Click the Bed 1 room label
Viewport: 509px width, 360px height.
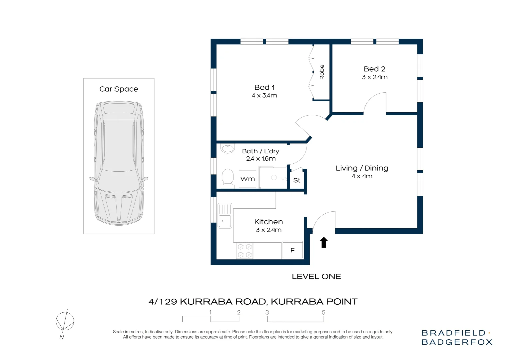click(x=264, y=87)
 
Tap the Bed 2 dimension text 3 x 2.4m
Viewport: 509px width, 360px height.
click(x=374, y=77)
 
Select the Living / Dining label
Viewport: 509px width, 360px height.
click(x=362, y=168)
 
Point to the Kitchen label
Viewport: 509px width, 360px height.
click(x=268, y=222)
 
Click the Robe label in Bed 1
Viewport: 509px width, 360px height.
click(x=322, y=72)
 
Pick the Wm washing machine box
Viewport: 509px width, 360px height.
click(x=248, y=179)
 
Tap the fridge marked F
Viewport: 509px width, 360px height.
click(x=292, y=250)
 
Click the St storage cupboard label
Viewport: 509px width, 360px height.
click(x=297, y=180)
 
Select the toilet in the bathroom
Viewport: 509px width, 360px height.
click(x=228, y=177)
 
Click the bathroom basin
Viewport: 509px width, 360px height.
click(x=228, y=148)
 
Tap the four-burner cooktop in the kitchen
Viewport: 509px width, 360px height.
click(x=245, y=251)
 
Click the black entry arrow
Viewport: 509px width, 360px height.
click(x=324, y=242)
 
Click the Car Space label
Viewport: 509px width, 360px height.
click(x=119, y=89)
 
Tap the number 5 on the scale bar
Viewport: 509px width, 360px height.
click(x=323, y=313)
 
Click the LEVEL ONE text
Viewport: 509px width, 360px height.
click(x=316, y=276)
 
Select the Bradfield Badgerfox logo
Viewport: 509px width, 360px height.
click(x=457, y=337)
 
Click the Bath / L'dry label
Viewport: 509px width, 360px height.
click(x=260, y=151)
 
